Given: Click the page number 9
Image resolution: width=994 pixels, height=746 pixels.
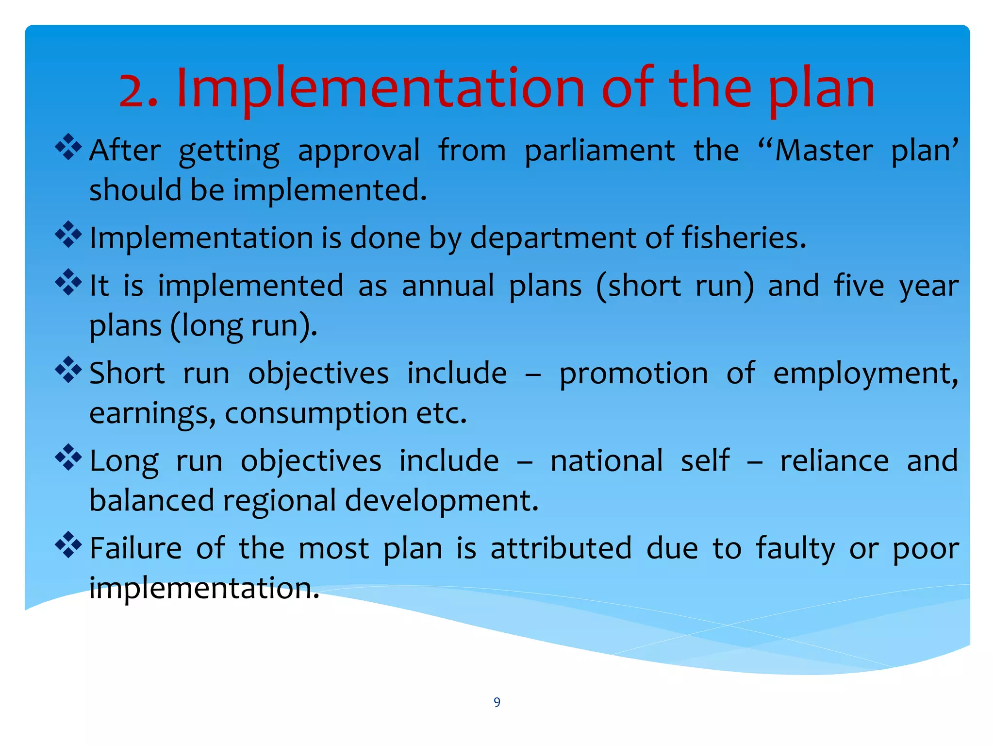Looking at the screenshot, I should pyautogui.click(x=497, y=702).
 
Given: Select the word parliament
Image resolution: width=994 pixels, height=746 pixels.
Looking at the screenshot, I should pyautogui.click(x=599, y=151).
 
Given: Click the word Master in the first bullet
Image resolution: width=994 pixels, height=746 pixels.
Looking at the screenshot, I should pyautogui.click(x=823, y=151).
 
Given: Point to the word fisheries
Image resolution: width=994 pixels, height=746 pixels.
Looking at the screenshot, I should pyautogui.click(x=744, y=238).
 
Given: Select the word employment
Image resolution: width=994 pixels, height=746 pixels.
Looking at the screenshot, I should pyautogui.click(x=865, y=374).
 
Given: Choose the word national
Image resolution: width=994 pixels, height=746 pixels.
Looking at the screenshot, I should pyautogui.click(x=606, y=461).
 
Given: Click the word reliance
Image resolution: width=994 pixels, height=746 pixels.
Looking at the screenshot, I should pyautogui.click(x=834, y=461).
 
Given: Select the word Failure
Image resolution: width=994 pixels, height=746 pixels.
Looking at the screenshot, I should pyautogui.click(x=136, y=548).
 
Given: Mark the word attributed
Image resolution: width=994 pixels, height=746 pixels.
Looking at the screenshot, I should pyautogui.click(x=561, y=548).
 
